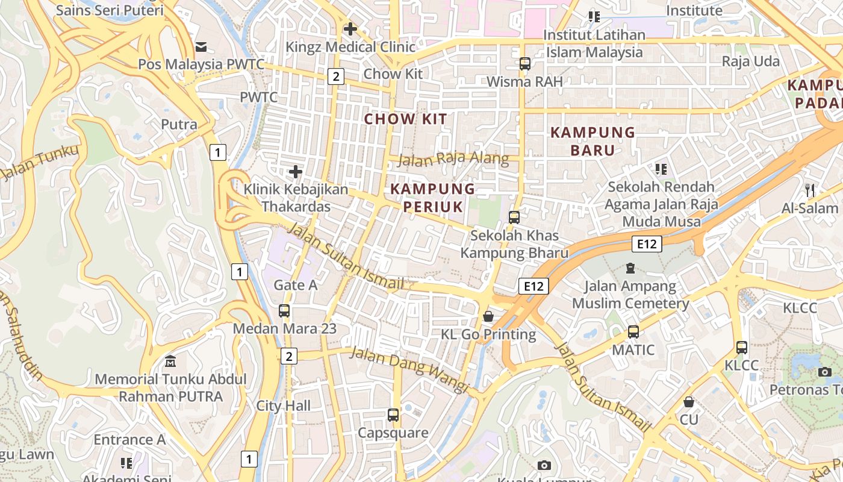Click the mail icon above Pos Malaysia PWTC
pyautogui.click(x=201, y=47)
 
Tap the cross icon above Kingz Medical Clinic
pyautogui.click(x=350, y=28)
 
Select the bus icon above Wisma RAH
pyautogui.click(x=524, y=63)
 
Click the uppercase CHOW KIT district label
pyautogui.click(x=406, y=119)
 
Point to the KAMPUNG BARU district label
pyautogui.click(x=593, y=141)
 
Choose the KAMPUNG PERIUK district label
pyautogui.click(x=433, y=198)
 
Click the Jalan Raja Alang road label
pyautogui.click(x=453, y=160)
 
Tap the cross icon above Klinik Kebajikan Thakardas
pyautogui.click(x=295, y=172)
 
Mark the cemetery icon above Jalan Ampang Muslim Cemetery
pyautogui.click(x=630, y=268)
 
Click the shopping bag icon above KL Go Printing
pyautogui.click(x=488, y=316)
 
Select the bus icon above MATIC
pyautogui.click(x=633, y=331)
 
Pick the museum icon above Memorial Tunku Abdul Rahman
pyautogui.click(x=170, y=361)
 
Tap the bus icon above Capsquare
pyautogui.click(x=393, y=415)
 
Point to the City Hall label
pyautogui.click(x=284, y=405)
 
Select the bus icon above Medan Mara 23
pyautogui.click(x=284, y=311)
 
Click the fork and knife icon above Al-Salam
pyautogui.click(x=810, y=190)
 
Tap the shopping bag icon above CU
pyautogui.click(x=688, y=401)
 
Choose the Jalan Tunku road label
pyautogui.click(x=40, y=163)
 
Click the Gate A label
pyautogui.click(x=295, y=284)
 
